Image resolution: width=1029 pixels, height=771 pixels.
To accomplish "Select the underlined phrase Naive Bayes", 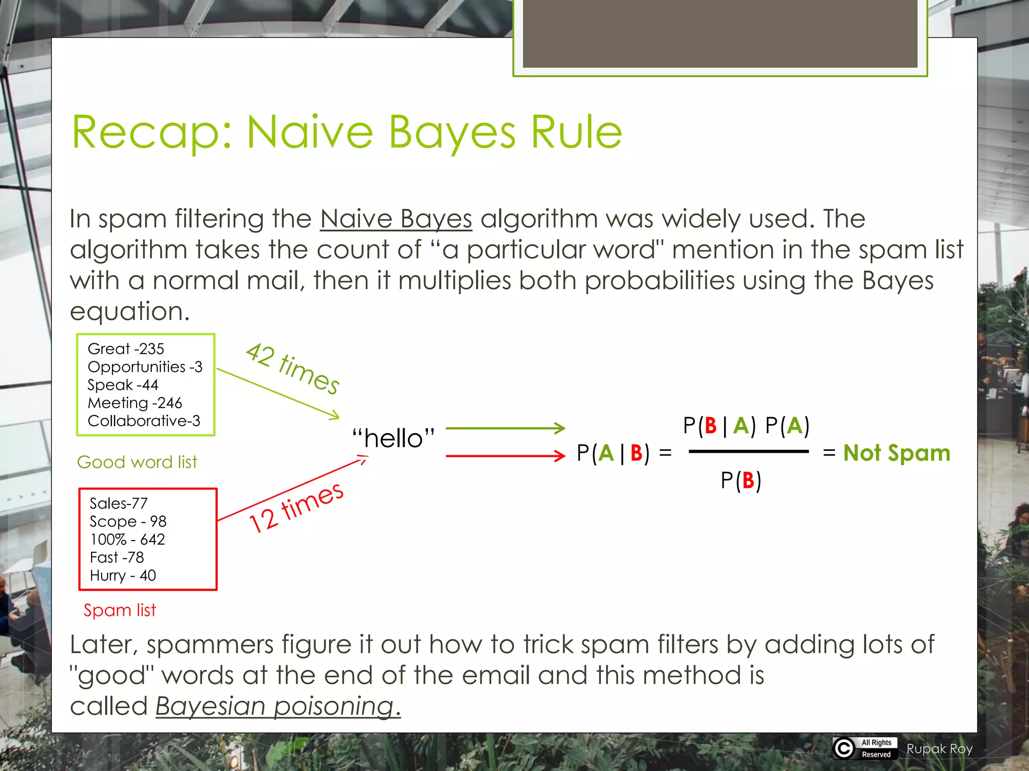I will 396,219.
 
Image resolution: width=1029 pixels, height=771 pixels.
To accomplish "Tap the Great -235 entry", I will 126,348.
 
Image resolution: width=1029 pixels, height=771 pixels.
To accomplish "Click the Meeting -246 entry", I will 135,403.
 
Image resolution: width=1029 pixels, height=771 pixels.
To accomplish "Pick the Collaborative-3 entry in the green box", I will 144,421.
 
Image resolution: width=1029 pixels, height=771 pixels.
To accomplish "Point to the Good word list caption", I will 137,462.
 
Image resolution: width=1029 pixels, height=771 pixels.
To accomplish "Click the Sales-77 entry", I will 119,503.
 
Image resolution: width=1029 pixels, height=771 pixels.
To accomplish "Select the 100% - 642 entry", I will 128,539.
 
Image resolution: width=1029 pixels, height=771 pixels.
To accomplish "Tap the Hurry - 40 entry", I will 123,575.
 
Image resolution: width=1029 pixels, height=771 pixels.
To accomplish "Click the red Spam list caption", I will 120,610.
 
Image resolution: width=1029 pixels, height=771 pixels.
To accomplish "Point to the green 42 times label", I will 292,368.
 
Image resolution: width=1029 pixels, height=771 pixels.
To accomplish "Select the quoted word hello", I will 393,438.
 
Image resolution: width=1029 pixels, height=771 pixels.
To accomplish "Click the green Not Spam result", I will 896,453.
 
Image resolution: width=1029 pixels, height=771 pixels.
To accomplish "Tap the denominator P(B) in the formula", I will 741,480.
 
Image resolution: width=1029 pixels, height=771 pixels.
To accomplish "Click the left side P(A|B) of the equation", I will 613,453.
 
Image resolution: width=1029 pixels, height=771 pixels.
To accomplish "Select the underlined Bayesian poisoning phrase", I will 278,706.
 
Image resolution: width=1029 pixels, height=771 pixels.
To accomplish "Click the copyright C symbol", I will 844,748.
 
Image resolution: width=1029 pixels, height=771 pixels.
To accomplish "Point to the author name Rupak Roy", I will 940,749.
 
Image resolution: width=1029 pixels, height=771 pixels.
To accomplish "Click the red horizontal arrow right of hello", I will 505,456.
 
